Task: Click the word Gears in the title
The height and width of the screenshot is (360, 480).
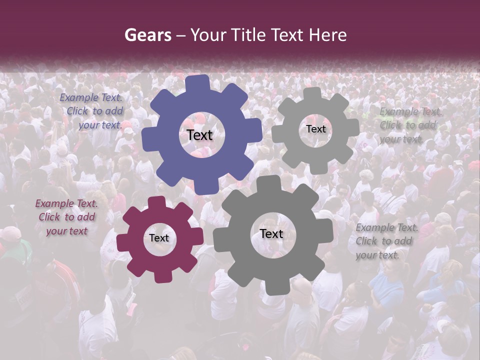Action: coord(147,35)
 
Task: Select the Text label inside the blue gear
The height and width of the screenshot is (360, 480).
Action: coord(200,135)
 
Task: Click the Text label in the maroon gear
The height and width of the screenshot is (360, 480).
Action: coord(159,238)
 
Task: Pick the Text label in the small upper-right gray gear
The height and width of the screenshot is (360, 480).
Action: coord(315,129)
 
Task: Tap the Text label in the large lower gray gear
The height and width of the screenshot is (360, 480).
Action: coord(271,233)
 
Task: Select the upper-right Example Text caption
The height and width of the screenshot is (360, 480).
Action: coord(409,125)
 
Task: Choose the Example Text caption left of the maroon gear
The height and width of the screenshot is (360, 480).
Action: coord(66,217)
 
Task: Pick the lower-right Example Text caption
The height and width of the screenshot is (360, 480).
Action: coord(386,241)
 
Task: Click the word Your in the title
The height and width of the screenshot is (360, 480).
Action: coord(209,35)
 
